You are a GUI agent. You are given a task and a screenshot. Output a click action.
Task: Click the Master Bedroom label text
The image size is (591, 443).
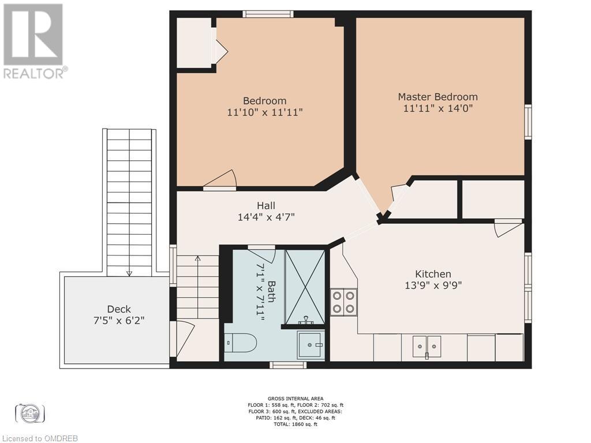437,97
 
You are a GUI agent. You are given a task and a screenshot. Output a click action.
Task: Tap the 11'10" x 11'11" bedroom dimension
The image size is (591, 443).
264,112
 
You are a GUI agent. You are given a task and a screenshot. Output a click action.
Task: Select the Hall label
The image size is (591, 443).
265,206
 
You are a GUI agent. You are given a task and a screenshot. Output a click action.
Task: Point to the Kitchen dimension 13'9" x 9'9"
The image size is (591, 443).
433,285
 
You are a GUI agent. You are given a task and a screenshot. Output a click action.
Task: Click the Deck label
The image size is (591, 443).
119,309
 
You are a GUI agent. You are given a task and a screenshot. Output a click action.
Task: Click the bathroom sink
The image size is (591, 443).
311,346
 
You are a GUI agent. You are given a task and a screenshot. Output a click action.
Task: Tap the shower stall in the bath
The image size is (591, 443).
305,287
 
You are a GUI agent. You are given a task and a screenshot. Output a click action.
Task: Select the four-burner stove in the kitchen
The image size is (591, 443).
343,302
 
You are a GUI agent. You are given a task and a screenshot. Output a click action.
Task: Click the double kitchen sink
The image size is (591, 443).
427,346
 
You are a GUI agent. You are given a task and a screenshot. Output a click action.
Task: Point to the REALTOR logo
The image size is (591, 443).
34,40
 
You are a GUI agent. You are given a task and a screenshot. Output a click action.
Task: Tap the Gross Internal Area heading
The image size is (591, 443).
295,399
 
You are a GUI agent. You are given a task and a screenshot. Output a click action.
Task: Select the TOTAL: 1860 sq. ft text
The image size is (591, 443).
295,424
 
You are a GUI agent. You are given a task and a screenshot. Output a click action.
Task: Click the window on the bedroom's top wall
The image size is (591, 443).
268,14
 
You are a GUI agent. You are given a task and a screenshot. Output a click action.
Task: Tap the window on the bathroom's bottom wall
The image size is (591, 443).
288,365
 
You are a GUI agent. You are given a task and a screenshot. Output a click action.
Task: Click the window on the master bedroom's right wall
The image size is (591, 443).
528,122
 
